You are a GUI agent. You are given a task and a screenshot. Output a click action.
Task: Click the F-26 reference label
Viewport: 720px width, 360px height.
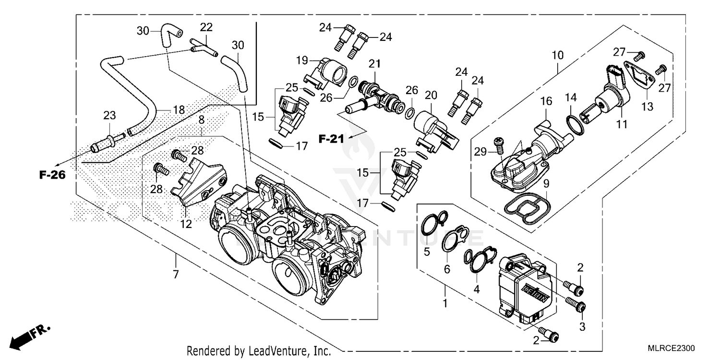click(x=52, y=175)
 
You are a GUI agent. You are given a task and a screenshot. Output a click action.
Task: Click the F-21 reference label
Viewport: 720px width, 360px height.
click(x=332, y=139)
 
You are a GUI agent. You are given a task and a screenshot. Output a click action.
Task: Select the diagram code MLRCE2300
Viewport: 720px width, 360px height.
click(x=670, y=348)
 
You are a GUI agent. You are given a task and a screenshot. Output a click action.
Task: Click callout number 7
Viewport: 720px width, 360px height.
click(x=176, y=275)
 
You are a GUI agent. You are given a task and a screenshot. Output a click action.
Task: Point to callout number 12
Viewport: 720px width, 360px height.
click(x=186, y=224)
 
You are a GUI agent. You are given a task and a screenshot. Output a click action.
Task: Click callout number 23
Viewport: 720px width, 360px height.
click(x=109, y=116)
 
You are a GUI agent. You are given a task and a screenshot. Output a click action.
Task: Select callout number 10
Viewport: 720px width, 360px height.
click(x=557, y=56)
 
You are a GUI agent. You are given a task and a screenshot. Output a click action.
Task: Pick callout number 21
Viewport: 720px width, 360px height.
click(x=374, y=64)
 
